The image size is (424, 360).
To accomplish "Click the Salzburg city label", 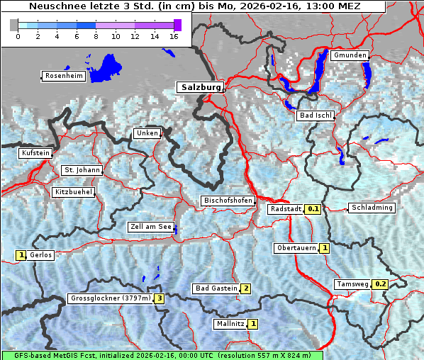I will (x=200, y=87).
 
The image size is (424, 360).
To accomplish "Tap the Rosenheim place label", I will (x=62, y=76).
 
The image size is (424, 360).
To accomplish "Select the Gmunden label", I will (x=350, y=55).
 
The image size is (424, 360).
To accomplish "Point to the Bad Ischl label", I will (x=316, y=116).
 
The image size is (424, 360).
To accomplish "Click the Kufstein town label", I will (x=35, y=153).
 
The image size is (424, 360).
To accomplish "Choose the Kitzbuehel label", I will (x=73, y=192).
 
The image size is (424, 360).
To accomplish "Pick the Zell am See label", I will (x=150, y=227).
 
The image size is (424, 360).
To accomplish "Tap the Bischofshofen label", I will (x=228, y=201).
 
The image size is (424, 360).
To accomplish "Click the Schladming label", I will (x=371, y=208).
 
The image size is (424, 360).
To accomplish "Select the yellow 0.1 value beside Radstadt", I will (x=313, y=209).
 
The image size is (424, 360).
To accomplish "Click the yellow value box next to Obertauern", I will (x=324, y=248).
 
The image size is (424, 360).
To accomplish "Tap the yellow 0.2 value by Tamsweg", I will (x=381, y=284).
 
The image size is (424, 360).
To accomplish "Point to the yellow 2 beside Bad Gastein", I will (x=245, y=288).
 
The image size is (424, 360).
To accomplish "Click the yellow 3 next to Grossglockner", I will (x=160, y=298).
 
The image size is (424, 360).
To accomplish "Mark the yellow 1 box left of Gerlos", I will (x=21, y=255).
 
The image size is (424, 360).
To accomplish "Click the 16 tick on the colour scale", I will (x=173, y=37).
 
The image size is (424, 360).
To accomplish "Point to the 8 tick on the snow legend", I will (x=95, y=37).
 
